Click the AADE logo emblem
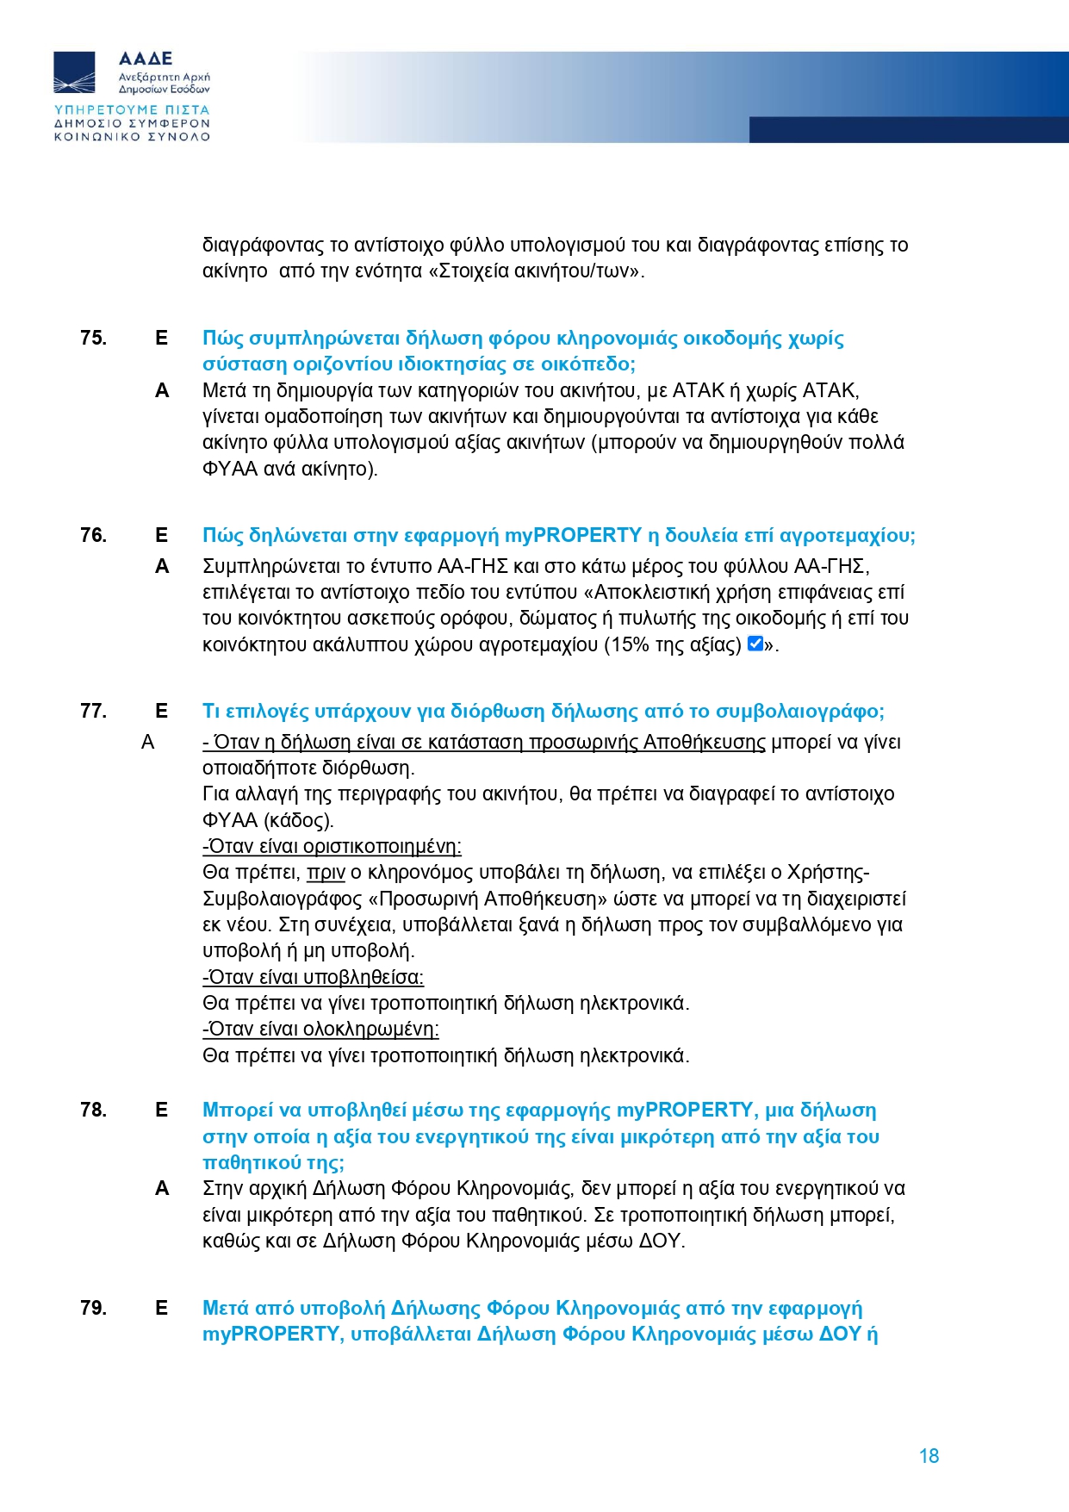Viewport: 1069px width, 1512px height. click(x=75, y=72)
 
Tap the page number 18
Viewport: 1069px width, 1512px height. click(x=929, y=1456)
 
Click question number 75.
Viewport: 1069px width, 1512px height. click(x=93, y=338)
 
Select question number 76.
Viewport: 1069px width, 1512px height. click(x=93, y=535)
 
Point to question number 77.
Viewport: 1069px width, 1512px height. click(x=93, y=711)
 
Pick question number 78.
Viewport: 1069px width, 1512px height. click(x=93, y=1110)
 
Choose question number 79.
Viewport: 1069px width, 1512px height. click(x=93, y=1308)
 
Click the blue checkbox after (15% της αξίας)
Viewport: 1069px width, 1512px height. click(x=755, y=644)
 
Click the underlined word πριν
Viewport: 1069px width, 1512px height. click(x=326, y=873)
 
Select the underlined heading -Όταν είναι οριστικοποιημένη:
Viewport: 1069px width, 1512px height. click(x=332, y=846)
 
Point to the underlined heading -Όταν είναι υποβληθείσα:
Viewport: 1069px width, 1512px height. click(x=313, y=977)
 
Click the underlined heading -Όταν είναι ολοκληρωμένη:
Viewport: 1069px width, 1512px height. click(x=320, y=1029)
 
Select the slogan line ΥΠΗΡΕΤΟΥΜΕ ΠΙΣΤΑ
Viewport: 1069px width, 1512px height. click(x=132, y=110)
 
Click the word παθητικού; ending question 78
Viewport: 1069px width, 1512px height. click(x=273, y=1162)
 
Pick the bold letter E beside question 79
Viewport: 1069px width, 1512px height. click(x=161, y=1308)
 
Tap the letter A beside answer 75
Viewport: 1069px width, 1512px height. click(x=162, y=391)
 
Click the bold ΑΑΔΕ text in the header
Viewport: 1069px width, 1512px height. click(x=146, y=59)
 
